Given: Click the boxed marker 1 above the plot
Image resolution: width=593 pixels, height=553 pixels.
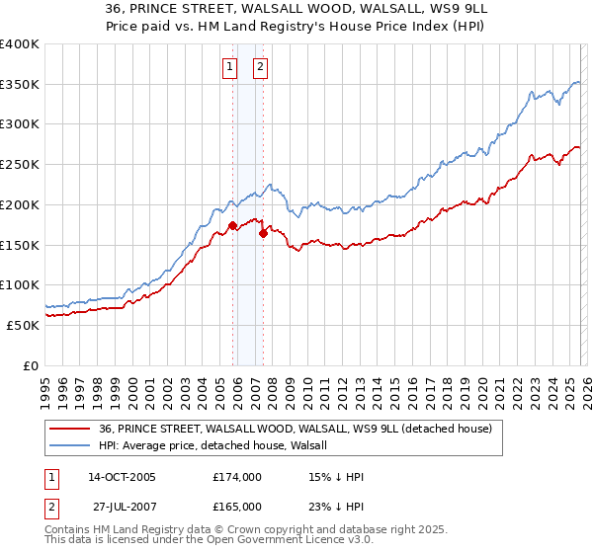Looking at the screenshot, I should (x=229, y=67).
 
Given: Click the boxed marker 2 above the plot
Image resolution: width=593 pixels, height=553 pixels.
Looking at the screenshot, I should (x=260, y=67).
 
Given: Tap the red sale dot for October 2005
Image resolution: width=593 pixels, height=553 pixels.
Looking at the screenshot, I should (x=233, y=225).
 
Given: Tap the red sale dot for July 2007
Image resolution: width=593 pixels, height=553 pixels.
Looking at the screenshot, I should (x=264, y=233).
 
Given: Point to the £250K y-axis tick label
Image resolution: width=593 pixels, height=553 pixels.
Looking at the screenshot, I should (x=20, y=164).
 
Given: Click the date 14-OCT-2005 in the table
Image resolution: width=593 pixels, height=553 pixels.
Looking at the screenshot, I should (x=122, y=477).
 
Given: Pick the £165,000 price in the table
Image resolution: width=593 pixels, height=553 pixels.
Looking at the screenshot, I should (x=237, y=506).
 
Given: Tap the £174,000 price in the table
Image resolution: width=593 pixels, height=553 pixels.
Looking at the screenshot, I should (x=237, y=477).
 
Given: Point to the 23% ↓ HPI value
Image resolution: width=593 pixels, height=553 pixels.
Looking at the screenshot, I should (x=337, y=506).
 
